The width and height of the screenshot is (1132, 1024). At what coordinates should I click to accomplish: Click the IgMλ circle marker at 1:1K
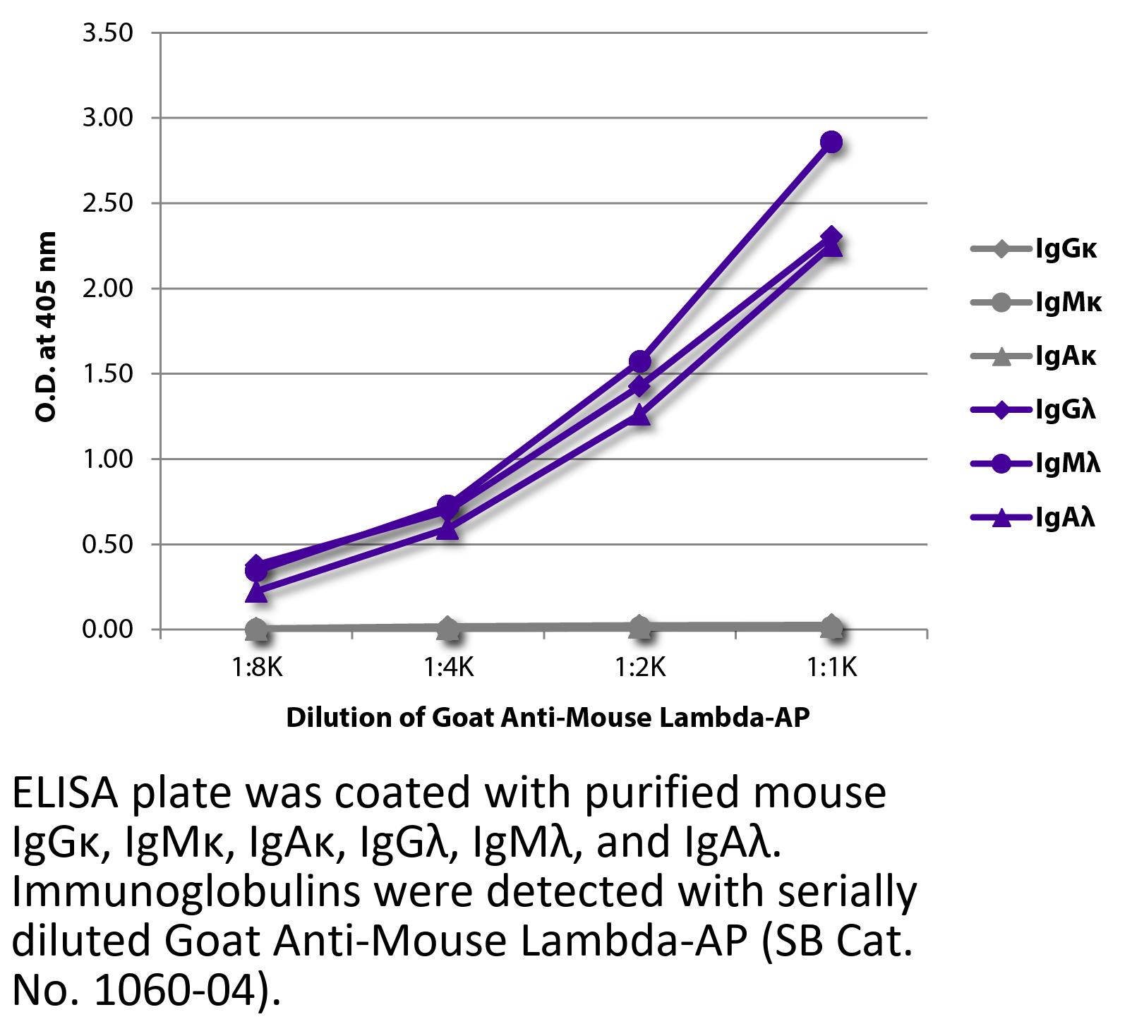coord(831,142)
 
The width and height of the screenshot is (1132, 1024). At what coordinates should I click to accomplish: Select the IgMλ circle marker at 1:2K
coord(639,361)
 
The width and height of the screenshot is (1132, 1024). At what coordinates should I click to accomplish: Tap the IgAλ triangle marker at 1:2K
coord(639,416)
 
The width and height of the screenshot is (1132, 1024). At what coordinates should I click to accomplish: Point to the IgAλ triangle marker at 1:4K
coord(447,529)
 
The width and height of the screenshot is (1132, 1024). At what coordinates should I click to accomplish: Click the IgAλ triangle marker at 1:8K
coord(256,592)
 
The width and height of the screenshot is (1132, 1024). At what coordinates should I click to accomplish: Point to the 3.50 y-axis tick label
coord(108,33)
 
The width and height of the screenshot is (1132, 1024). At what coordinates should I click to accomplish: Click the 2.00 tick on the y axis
coord(108,289)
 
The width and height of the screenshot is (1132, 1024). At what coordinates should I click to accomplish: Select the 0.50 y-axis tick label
coord(108,544)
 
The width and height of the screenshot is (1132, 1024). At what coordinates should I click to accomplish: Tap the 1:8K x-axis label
coord(257,666)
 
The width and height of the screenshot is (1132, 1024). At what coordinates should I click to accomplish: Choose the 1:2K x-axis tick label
coord(640,666)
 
